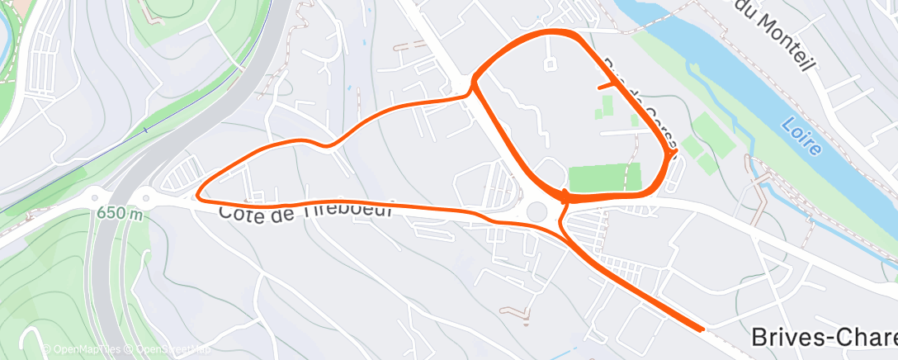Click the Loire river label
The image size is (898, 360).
[x=800, y=137]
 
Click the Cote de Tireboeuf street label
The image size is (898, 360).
[x=305, y=212]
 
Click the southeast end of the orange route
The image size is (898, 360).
[x=702, y=329]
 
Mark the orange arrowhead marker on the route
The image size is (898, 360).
[x=565, y=197]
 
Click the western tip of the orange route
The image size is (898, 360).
[x=198, y=196]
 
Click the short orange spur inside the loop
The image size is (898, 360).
[x=607, y=83]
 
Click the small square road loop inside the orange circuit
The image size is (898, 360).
[x=551, y=62]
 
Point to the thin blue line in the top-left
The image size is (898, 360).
[x=145, y=130]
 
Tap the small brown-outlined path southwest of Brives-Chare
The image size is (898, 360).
[x=515, y=311]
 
